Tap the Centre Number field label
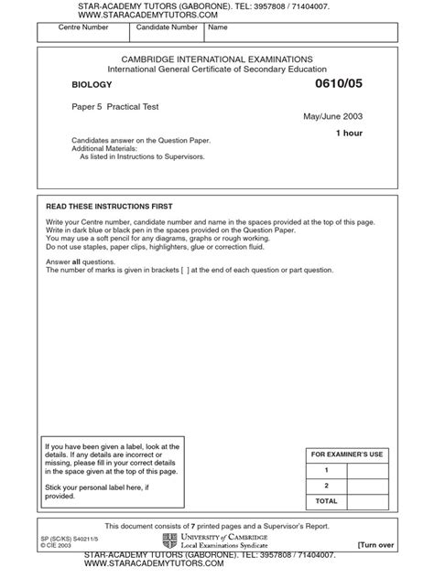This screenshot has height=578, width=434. [x=63, y=27]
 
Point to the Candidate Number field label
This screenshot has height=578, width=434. [x=166, y=27]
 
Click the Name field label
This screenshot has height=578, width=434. [x=218, y=27]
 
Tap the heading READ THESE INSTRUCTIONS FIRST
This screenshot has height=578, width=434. [x=109, y=207]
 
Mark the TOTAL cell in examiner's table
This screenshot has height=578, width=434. [x=326, y=501]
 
